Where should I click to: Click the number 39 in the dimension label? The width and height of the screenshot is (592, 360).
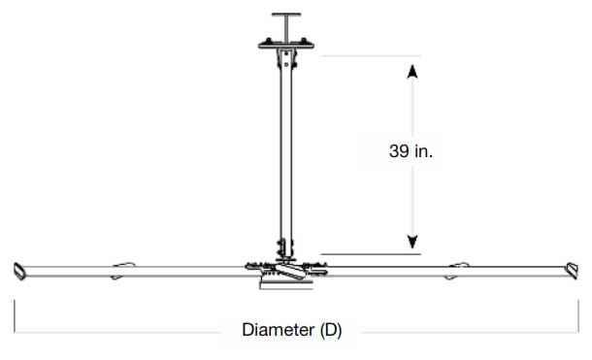tap(399, 151)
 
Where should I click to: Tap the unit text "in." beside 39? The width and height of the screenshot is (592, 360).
tap(423, 151)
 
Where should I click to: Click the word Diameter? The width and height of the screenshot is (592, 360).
tap(279, 330)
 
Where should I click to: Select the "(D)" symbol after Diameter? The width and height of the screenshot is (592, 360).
tap(331, 330)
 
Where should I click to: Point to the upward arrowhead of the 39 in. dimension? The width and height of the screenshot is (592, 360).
tap(412, 72)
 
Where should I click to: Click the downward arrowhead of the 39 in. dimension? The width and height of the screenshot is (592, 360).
tap(412, 242)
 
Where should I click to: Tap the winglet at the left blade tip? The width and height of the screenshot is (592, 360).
tap(18, 272)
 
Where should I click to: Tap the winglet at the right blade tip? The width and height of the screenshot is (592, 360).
tap(573, 271)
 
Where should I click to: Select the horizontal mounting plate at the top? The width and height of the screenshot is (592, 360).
tap(286, 46)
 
